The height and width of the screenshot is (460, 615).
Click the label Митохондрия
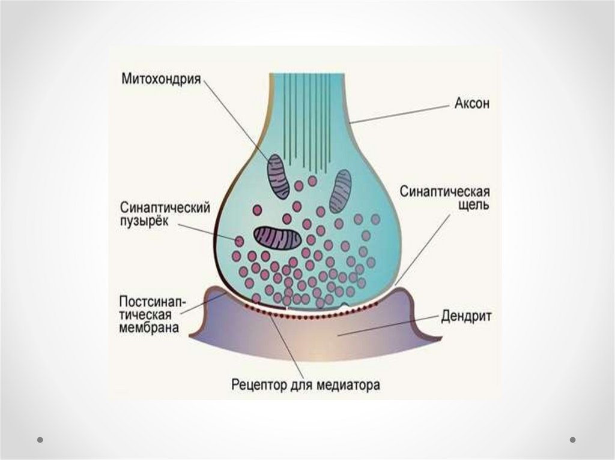(x=161, y=79)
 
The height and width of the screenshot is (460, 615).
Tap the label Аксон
(x=472, y=103)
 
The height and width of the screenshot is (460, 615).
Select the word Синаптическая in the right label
(x=446, y=194)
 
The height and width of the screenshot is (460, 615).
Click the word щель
(x=474, y=206)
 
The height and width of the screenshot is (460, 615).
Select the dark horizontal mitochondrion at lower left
(x=276, y=238)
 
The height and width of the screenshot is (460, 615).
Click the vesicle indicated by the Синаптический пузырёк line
(x=240, y=240)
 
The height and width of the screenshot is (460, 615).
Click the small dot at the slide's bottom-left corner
(x=41, y=439)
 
